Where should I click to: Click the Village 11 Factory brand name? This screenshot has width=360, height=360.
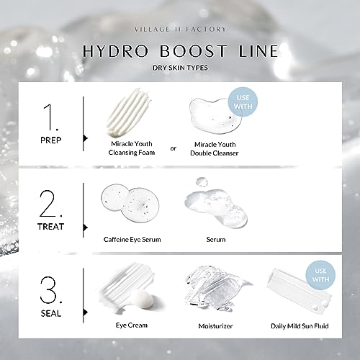[x=180, y=30]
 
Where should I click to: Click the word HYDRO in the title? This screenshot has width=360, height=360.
[x=116, y=51]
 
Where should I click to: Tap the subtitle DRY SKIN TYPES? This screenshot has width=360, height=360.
[x=180, y=68]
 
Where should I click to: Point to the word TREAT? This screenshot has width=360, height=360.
[x=51, y=227]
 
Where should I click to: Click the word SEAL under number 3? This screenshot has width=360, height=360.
[x=51, y=313]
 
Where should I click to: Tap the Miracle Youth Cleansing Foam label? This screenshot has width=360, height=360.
[x=132, y=148]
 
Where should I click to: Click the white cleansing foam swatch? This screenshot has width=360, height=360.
[x=129, y=112]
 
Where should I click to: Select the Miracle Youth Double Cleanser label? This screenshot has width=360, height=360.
[x=215, y=149]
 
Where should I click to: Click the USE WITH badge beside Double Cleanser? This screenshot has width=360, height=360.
[x=243, y=102]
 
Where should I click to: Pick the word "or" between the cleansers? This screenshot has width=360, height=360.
[x=174, y=148]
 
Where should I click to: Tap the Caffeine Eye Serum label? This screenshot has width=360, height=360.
[x=132, y=240]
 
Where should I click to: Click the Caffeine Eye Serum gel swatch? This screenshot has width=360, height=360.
[x=130, y=203]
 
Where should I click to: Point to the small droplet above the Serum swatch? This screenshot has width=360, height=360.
[x=202, y=182]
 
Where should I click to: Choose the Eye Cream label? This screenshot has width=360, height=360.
[x=132, y=325]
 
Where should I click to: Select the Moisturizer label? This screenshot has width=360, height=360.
[x=215, y=326]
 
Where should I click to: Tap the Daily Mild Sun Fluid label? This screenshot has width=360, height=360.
[x=300, y=326]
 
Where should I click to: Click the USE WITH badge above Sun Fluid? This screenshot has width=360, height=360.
[x=320, y=275]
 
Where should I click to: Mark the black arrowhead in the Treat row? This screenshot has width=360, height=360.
[x=85, y=228]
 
